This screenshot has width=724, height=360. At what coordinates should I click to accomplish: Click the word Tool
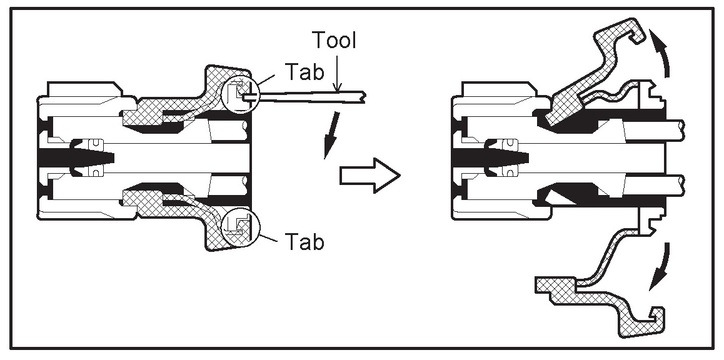336,41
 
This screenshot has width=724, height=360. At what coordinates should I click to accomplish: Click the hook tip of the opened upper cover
638,37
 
